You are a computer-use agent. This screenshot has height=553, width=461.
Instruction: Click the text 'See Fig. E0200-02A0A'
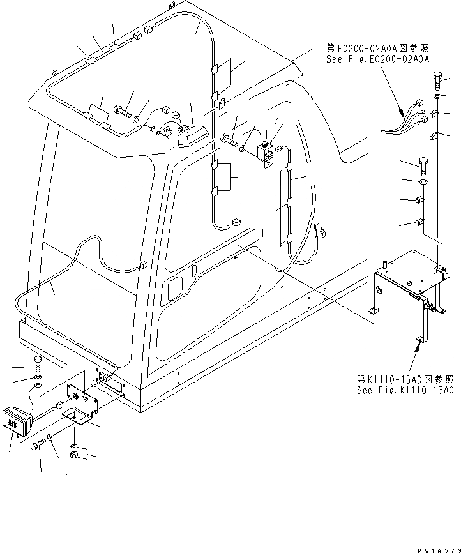[x=377, y=58]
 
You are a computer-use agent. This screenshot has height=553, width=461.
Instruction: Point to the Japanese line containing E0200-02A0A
[x=377, y=47]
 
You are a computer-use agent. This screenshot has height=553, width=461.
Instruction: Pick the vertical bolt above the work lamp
[x=38, y=364]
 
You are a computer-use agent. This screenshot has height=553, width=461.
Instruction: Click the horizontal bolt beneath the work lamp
[x=37, y=443]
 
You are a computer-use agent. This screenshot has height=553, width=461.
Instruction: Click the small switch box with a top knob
[x=264, y=151]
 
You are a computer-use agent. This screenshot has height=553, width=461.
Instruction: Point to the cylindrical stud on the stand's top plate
[x=385, y=264]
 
